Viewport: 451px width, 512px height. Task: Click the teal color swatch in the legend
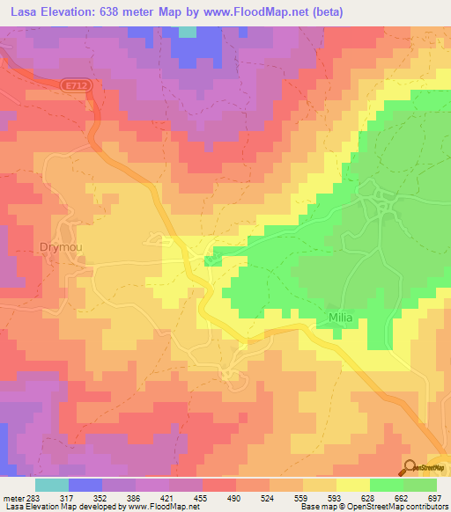click(x=52, y=484)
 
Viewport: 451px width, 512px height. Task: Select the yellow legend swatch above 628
click(x=353, y=484)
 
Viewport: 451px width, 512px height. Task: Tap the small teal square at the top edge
click(x=188, y=32)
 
